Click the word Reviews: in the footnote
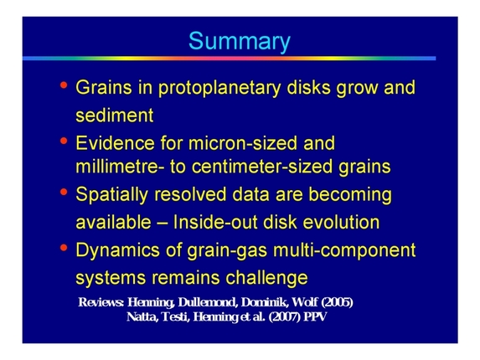[x=101, y=301]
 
